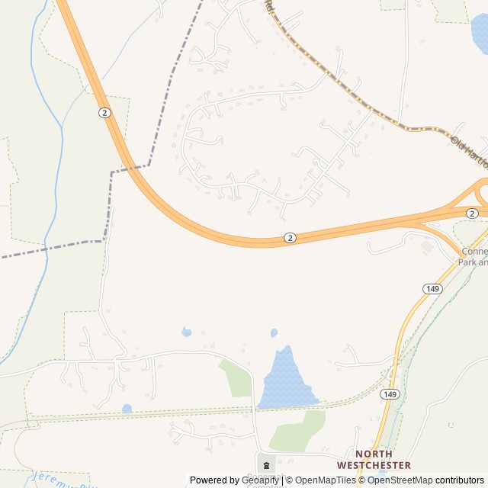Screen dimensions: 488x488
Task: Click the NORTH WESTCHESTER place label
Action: click(x=374, y=459)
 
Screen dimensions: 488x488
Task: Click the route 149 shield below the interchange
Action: click(x=432, y=288)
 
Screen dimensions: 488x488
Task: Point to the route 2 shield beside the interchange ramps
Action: click(x=473, y=213)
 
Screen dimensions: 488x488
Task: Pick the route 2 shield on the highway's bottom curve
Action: click(x=290, y=238)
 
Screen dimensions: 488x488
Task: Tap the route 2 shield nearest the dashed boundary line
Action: click(x=104, y=112)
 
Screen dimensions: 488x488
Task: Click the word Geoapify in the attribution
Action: click(x=261, y=480)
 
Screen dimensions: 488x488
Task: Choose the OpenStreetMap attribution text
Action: click(x=400, y=480)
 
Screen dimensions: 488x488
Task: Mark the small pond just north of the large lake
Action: click(x=274, y=333)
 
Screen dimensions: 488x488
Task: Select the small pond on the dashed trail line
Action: click(x=127, y=409)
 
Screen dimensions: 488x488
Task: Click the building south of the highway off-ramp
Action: click(x=427, y=247)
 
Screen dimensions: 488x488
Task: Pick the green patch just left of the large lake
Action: click(x=236, y=378)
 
